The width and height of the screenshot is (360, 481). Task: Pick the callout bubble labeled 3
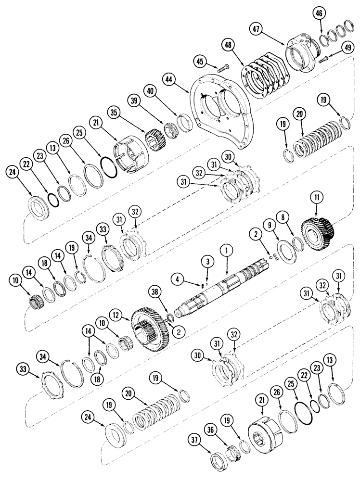coord(207,261)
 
